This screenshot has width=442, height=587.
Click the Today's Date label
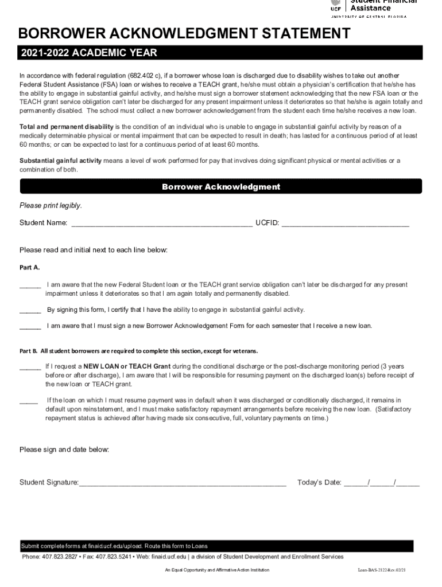319,482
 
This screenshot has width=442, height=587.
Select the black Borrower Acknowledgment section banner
221,186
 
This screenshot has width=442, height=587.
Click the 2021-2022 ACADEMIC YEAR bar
221,53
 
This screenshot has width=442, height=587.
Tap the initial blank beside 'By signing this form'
30,311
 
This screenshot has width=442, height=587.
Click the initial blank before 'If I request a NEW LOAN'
30,367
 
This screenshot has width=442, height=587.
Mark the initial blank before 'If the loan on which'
29,401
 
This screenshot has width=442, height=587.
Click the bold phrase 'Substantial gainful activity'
60,161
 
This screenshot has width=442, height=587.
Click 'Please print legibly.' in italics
51,205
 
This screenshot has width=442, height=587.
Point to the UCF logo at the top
336,6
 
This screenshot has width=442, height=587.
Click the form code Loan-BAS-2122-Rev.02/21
381,570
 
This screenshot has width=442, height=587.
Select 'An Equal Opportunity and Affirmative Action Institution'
217,570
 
